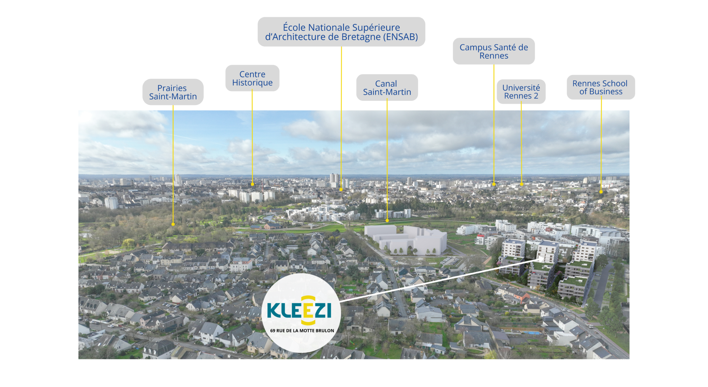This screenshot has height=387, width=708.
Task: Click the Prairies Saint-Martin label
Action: coord(173,92)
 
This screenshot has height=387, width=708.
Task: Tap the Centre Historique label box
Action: coord(252,78)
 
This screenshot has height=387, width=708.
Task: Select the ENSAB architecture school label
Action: coord(341,32)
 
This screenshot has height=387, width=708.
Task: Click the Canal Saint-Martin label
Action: coord(387,87)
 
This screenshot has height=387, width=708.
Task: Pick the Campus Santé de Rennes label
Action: coord(494,51)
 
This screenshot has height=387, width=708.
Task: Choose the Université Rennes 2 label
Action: coord(521,91)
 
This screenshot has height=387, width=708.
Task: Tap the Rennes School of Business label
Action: coord(601,87)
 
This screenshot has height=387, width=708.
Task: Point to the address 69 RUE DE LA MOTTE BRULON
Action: coord(302,331)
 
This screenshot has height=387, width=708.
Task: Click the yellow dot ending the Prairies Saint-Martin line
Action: coord(173,224)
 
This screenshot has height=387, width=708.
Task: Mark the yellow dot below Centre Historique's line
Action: coord(252,184)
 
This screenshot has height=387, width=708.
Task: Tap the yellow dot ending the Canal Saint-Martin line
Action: coord(387,221)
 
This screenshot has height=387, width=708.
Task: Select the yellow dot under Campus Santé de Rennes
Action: coord(494,184)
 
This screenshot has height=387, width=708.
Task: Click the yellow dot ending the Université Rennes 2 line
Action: coord(521,184)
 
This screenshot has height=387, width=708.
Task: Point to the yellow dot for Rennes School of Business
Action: coord(601,192)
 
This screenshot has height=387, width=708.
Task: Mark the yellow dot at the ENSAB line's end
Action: coord(341,190)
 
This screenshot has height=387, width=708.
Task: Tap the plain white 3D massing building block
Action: coord(406,240)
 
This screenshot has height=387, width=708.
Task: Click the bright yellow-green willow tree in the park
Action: coord(129,243)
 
